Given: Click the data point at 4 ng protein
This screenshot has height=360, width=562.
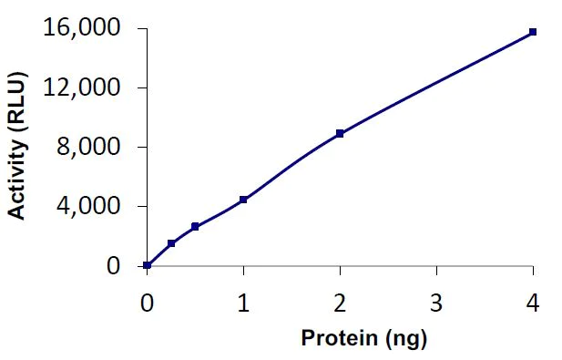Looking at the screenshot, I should pos(533,32).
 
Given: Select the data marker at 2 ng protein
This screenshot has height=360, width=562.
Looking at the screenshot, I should pos(340,133).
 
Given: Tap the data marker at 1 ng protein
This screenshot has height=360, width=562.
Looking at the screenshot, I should pos(243,200).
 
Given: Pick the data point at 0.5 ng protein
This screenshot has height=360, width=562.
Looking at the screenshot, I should pos(195,226).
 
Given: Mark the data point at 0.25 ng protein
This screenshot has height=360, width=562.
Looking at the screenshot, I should pos(171,243).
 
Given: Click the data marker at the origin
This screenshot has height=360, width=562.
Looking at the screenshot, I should pos(148,265).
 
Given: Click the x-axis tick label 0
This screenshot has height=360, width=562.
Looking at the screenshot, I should pos(147,302).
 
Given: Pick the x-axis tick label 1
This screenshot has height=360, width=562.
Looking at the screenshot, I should pos(243,302).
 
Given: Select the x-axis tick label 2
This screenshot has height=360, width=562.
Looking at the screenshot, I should pos(340,302).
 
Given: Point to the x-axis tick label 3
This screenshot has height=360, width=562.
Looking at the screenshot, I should pos(436,302).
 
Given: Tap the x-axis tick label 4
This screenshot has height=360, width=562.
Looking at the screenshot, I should pos(533,302).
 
